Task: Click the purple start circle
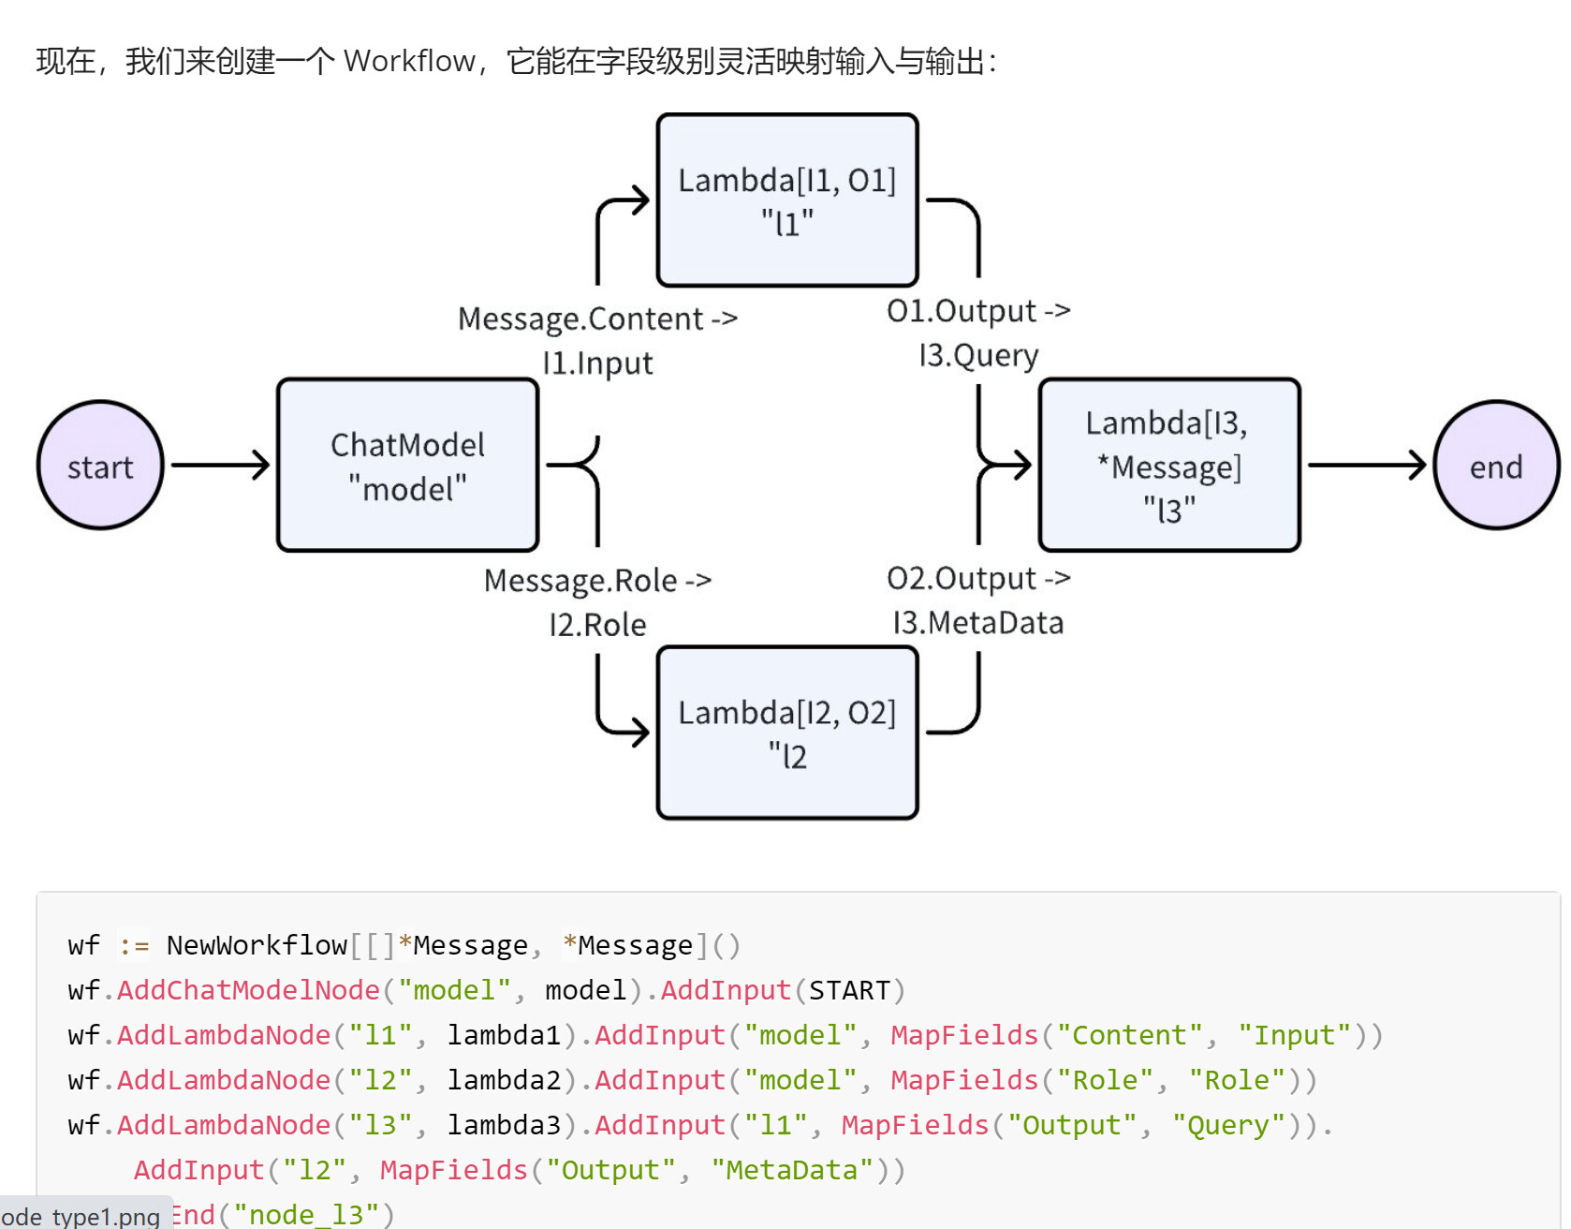point(100,466)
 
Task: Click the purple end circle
point(1496,466)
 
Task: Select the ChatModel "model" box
point(408,466)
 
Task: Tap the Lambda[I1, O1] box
point(787,200)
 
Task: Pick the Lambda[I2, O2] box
point(787,733)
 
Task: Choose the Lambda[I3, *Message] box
point(1169,466)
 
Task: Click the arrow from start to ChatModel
point(221,465)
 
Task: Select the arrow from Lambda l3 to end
point(1368,465)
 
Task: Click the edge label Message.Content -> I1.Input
point(597,340)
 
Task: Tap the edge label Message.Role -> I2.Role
point(597,602)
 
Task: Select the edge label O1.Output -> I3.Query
point(978,333)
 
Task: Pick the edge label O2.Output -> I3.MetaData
point(978,600)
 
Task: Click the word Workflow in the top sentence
point(410,61)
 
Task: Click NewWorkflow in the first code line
point(257,945)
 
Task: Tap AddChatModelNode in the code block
point(248,990)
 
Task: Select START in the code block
point(849,990)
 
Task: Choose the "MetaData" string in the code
point(792,1170)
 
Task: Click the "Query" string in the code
point(1229,1125)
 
